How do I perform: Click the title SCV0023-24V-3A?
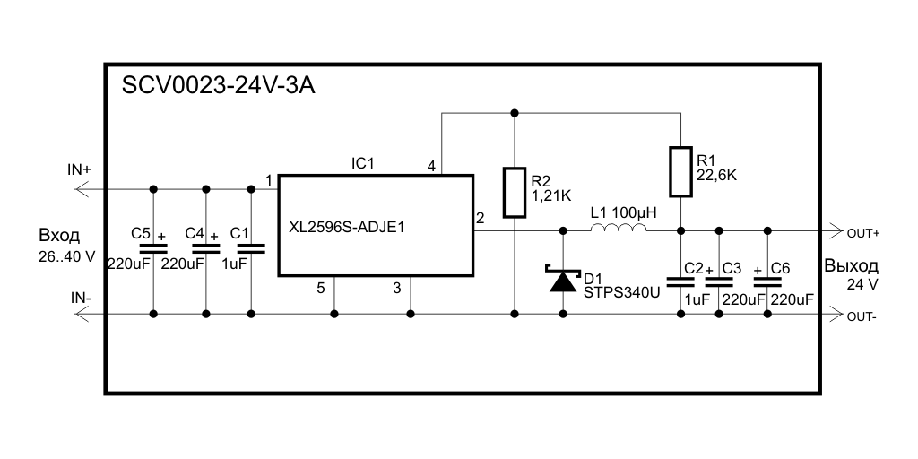click(x=219, y=87)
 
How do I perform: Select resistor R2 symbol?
click(x=515, y=192)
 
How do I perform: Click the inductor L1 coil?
click(x=618, y=230)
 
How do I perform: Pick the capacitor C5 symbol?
click(x=153, y=247)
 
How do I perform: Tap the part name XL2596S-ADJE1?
click(x=347, y=227)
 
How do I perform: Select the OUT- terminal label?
click(x=862, y=316)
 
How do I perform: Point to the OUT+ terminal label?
click(x=862, y=232)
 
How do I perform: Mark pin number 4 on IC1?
click(x=431, y=167)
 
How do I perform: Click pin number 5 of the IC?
click(x=320, y=288)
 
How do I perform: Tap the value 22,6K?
click(x=716, y=177)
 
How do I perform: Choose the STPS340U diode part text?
click(x=621, y=291)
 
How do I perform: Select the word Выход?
click(x=851, y=266)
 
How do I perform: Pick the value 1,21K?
click(x=551, y=194)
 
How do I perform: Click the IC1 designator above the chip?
click(x=362, y=163)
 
